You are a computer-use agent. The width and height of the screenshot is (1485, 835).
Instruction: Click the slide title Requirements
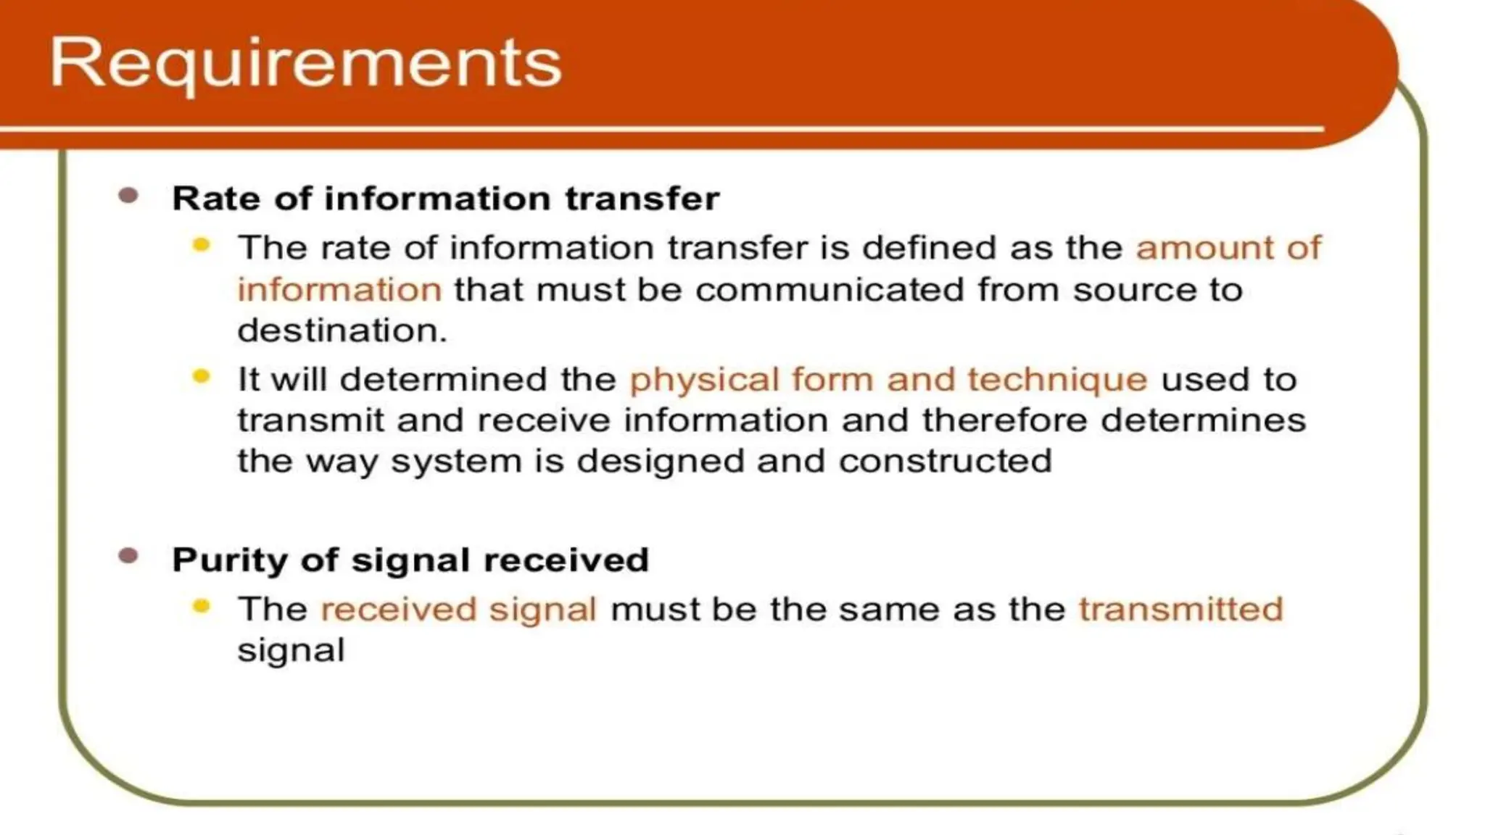pos(305,64)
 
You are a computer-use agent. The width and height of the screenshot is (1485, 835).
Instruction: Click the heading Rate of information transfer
pos(445,199)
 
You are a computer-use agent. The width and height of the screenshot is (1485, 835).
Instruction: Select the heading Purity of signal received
pos(410,560)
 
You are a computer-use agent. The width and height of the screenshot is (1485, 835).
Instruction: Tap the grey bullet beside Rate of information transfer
pos(128,196)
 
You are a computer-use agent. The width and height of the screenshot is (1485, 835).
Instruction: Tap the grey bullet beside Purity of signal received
pos(128,556)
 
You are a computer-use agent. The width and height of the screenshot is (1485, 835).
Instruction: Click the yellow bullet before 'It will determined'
pos(201,376)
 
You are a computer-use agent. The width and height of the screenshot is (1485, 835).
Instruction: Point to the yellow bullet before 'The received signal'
pos(201,606)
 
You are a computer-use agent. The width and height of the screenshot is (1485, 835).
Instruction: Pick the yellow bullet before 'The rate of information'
pos(201,245)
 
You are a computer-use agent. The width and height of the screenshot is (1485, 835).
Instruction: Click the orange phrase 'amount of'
pos(1228,248)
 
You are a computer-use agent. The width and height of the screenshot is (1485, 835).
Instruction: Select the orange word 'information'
pos(339,290)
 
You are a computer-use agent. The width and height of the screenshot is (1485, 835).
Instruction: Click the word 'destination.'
pos(342,331)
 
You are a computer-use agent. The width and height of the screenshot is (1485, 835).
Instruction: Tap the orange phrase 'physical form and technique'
pos(888,380)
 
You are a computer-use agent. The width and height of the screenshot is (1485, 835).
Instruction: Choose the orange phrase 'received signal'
pos(458,609)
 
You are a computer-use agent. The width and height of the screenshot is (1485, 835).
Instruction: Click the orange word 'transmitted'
pos(1180,609)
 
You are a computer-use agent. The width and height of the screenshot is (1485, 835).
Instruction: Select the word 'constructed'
pos(945,461)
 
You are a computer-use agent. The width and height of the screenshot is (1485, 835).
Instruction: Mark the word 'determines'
pos(1203,420)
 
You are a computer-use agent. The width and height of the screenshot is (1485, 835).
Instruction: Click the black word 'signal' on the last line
pos(291,651)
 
